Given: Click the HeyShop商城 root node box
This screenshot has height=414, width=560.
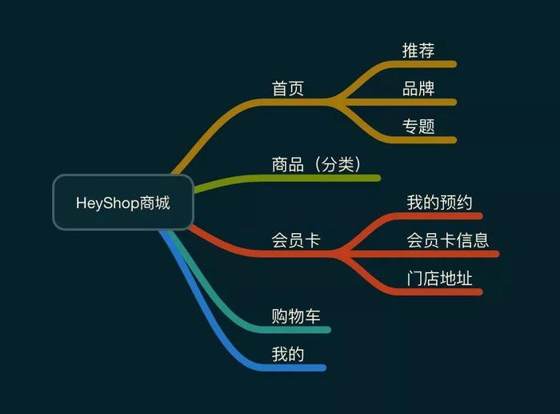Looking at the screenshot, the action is (123, 203).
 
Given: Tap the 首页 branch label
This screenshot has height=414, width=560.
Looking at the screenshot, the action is (288, 88).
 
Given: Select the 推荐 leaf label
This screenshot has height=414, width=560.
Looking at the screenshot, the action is (418, 50).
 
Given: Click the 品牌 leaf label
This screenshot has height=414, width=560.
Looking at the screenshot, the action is (418, 88).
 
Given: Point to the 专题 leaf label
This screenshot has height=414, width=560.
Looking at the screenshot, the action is (418, 126).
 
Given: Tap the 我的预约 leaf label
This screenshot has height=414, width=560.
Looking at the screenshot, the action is (439, 202).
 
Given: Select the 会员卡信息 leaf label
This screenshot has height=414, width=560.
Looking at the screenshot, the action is (447, 239).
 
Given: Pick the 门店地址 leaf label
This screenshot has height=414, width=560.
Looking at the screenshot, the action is (439, 278).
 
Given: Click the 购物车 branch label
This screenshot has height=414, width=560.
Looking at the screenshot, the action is (296, 316).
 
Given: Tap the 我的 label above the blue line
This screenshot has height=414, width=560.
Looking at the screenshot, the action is (288, 353).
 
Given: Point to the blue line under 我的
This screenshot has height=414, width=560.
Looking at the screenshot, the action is (296, 368).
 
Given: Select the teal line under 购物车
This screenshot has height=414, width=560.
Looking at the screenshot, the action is (300, 329).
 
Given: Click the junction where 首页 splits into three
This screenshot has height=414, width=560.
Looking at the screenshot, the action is (337, 102).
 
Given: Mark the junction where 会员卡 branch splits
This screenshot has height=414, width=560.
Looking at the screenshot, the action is (339, 254).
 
